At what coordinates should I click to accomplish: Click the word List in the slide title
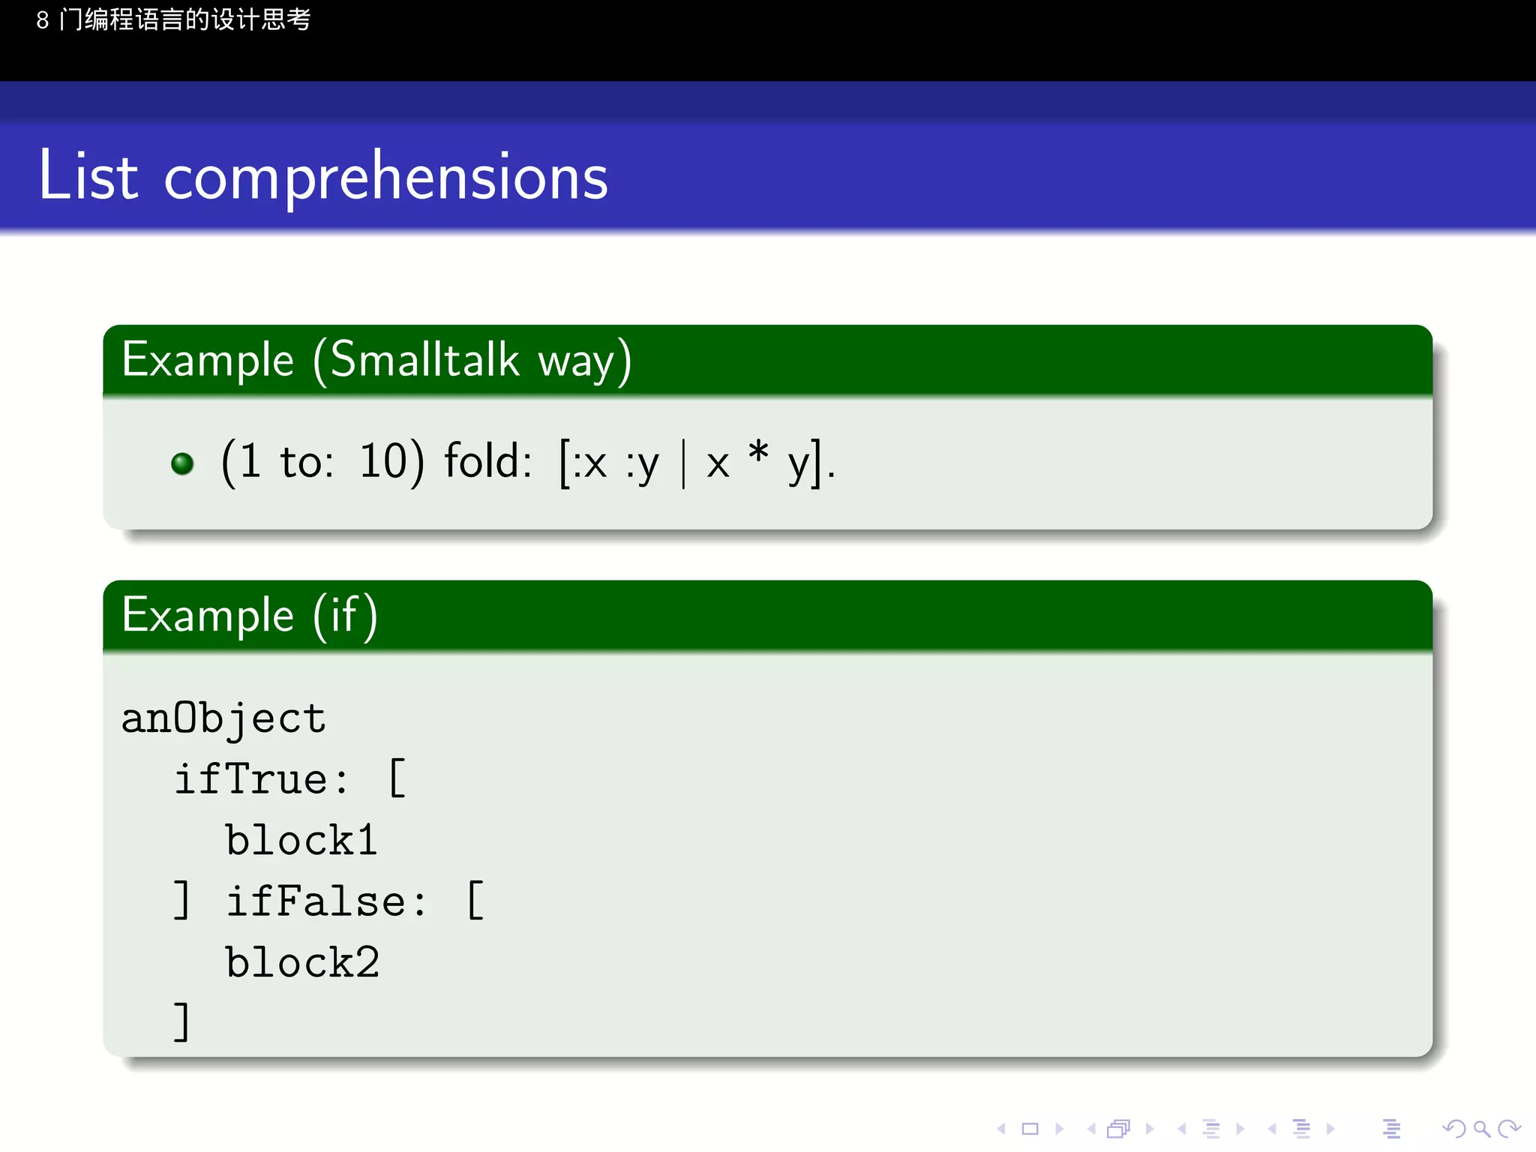tap(88, 175)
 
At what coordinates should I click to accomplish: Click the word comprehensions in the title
tap(385, 178)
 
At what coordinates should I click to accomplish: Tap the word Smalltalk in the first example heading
tap(424, 360)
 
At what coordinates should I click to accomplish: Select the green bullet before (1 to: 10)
tap(182, 463)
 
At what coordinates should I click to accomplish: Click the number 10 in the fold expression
tap(382, 460)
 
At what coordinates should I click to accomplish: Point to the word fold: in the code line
tap(487, 460)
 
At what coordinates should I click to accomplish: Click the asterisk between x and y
tap(758, 453)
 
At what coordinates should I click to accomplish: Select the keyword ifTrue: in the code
tap(261, 780)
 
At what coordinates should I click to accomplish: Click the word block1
tap(301, 841)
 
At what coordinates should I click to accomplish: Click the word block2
tap(302, 963)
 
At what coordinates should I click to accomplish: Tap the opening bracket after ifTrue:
tap(397, 778)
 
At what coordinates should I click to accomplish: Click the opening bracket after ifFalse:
tap(475, 900)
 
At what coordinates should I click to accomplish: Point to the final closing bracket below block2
tap(181, 1021)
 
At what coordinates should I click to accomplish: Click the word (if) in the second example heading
tap(345, 616)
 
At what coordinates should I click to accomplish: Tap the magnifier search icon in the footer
tap(1481, 1129)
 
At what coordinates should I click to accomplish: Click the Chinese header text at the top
tap(173, 19)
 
